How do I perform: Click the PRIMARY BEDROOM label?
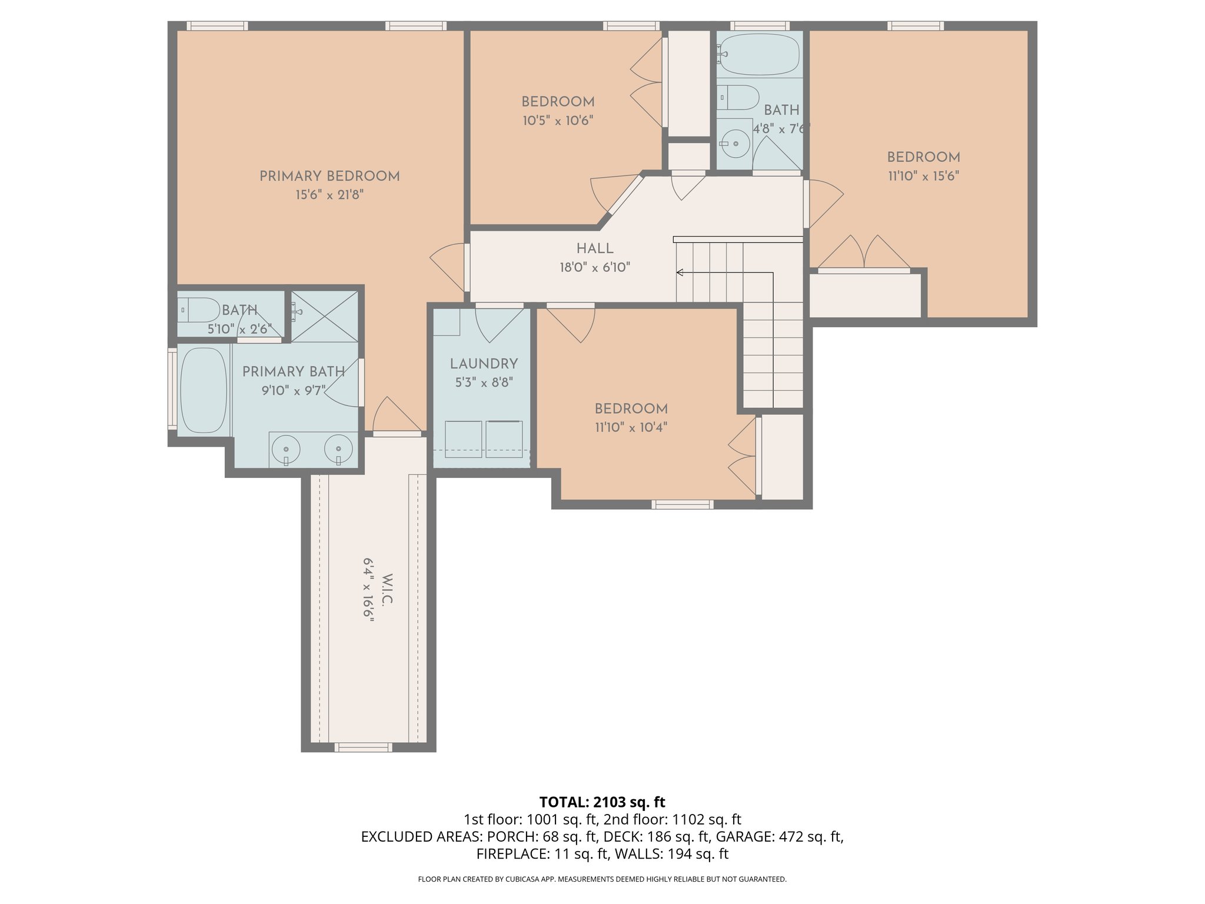(329, 176)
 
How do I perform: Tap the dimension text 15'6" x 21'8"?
(329, 195)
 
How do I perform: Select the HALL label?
(595, 248)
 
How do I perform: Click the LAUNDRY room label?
(484, 364)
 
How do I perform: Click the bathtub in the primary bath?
(203, 390)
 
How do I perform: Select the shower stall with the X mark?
(325, 316)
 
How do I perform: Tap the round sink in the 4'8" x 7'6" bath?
(735, 143)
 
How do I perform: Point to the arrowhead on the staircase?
(680, 272)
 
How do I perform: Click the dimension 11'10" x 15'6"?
(923, 176)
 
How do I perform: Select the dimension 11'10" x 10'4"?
(631, 427)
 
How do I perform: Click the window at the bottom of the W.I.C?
(363, 747)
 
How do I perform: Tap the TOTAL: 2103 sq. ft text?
(602, 802)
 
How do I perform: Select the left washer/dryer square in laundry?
(464, 439)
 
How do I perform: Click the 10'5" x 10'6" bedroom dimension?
(558, 121)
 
